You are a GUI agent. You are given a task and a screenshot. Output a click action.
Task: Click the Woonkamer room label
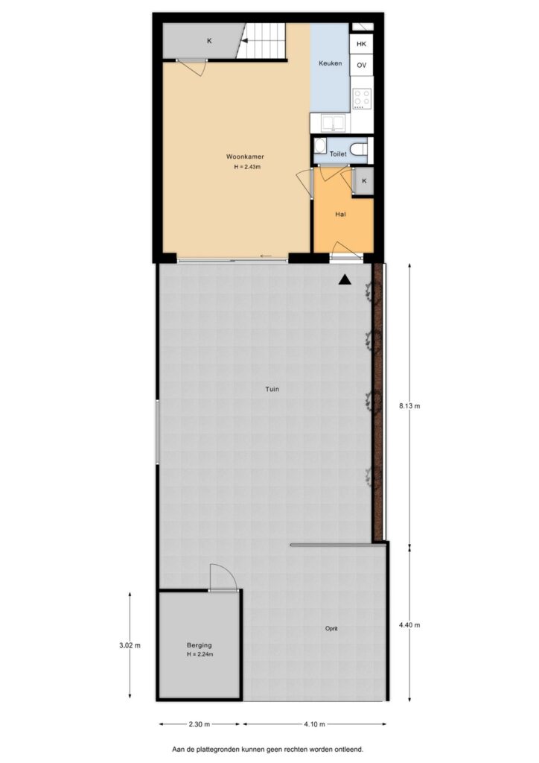pyautogui.click(x=245, y=156)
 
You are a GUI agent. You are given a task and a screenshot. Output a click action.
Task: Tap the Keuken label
pyautogui.click(x=330, y=63)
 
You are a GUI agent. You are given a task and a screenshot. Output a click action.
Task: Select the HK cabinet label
pyautogui.click(x=361, y=44)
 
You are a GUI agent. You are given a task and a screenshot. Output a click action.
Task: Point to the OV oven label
pyautogui.click(x=361, y=66)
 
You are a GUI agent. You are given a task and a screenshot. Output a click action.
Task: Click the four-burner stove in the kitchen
pyautogui.click(x=362, y=98)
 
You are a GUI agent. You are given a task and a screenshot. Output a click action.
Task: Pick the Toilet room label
pyautogui.click(x=338, y=153)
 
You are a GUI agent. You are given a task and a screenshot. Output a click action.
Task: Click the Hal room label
pyautogui.click(x=340, y=214)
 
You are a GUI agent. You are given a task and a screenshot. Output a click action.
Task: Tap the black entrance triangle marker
pyautogui.click(x=345, y=279)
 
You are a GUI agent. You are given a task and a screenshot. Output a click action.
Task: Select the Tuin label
pyautogui.click(x=272, y=389)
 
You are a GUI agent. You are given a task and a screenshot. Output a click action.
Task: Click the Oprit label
pyautogui.click(x=331, y=629)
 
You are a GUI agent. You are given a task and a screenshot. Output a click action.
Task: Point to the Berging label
pyautogui.click(x=200, y=646)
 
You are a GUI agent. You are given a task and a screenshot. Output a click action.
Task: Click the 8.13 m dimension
pyautogui.click(x=409, y=406)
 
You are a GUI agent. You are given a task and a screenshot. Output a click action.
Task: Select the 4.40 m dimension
pyautogui.click(x=409, y=625)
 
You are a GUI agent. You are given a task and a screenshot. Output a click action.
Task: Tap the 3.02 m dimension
pyautogui.click(x=130, y=646)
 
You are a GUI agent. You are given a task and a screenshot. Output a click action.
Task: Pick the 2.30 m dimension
pyautogui.click(x=200, y=724)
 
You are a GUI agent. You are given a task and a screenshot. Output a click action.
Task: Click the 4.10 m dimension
pyautogui.click(x=314, y=724)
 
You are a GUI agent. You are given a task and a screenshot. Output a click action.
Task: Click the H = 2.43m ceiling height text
pyautogui.click(x=247, y=167)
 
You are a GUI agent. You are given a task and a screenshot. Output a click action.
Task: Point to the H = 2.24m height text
pyautogui.click(x=200, y=654)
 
